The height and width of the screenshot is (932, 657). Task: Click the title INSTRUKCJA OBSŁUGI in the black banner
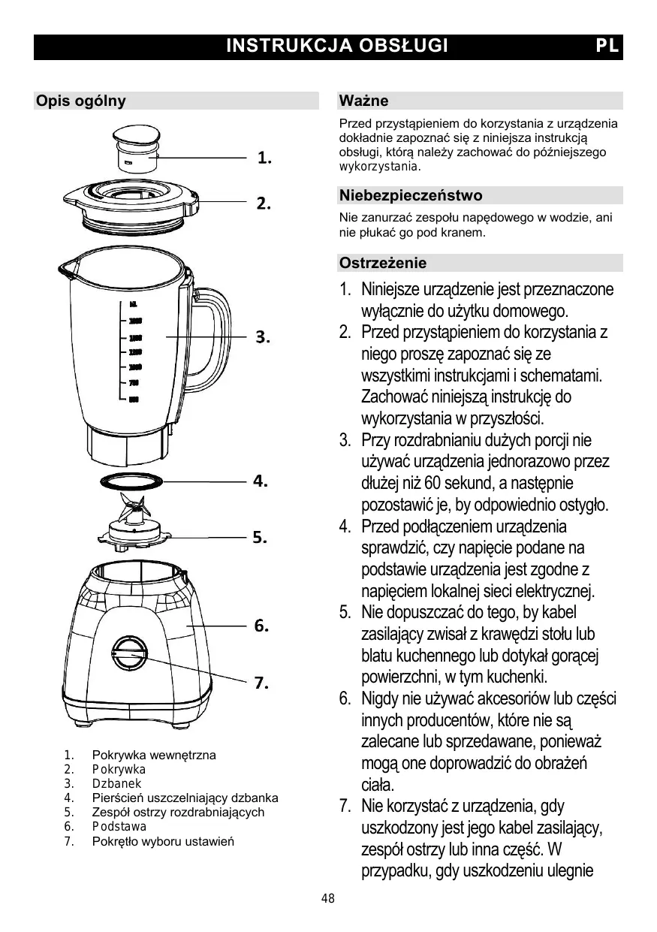click(337, 46)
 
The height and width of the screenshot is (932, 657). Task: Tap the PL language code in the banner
click(607, 46)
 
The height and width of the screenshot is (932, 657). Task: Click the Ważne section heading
click(364, 101)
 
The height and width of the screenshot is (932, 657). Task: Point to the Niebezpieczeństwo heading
click(411, 196)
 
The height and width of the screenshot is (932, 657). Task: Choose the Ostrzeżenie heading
click(383, 263)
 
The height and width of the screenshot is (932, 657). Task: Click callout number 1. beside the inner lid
click(264, 158)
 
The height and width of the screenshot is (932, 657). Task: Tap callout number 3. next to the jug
click(263, 337)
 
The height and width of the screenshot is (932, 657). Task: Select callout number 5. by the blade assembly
click(261, 538)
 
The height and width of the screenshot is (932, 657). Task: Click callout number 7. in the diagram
click(261, 683)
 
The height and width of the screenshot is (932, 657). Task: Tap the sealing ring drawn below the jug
click(131, 481)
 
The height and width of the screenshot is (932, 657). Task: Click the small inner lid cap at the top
click(136, 150)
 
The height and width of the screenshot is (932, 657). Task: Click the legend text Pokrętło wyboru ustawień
click(163, 841)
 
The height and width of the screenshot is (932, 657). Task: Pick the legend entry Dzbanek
click(116, 784)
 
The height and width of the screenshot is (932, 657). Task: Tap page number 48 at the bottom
click(328, 899)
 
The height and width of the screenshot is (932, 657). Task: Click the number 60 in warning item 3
click(433, 482)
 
